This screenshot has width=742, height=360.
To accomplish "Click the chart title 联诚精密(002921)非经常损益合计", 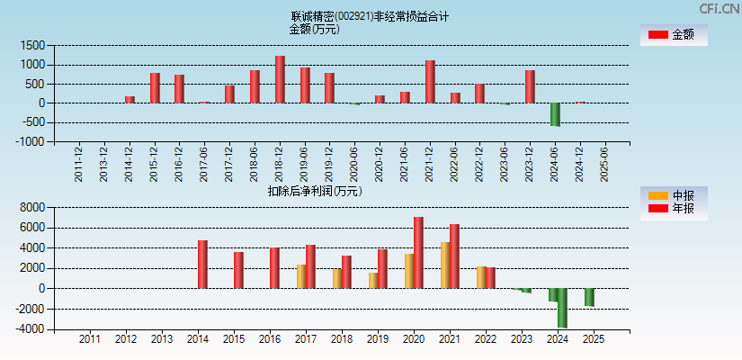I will pos(370,16).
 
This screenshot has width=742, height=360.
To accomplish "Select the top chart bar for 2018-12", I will pos(280,79).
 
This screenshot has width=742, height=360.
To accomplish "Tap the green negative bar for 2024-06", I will pos(555,114).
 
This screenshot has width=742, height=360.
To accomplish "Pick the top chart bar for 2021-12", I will pos(430,82).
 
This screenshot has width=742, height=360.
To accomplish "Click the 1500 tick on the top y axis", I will pos(32,45).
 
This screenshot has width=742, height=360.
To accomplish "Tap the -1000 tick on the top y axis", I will pos(31,141).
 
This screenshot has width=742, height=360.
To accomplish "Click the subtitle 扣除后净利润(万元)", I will pos(315,191).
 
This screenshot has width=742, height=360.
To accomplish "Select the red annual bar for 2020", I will pos(418,253).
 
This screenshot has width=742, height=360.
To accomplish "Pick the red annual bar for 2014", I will pos(202,265).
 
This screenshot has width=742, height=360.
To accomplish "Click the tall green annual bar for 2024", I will pos(562,308).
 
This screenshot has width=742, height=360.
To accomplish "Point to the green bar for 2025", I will pos(589,297).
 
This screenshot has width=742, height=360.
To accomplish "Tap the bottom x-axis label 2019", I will pos(377,339).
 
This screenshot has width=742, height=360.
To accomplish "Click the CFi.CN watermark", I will pos(720,8).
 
